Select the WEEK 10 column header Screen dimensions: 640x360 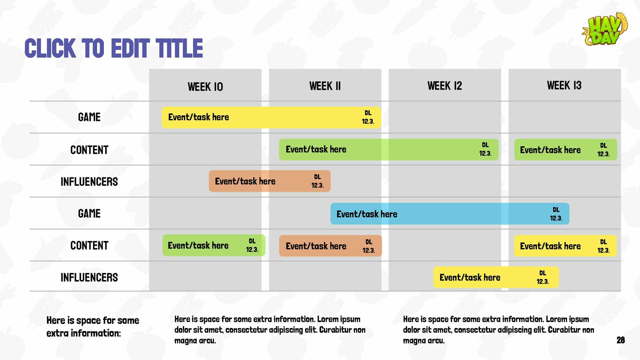(205, 87)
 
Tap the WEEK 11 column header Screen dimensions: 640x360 (325, 86)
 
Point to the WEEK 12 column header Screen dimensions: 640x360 (445, 86)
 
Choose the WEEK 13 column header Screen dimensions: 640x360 (564, 85)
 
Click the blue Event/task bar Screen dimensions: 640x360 (450, 214)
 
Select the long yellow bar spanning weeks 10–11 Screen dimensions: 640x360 (271, 117)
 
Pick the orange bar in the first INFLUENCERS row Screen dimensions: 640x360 (270, 181)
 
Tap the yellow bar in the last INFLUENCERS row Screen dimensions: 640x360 (496, 277)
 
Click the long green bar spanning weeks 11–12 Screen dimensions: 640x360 (389, 150)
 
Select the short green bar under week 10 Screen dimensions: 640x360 (214, 245)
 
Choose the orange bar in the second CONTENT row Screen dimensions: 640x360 (330, 246)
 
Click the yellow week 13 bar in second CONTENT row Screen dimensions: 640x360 (565, 246)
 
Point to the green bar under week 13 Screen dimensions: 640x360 (566, 150)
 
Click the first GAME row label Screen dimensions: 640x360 (89, 117)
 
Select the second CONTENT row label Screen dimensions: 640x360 (89, 246)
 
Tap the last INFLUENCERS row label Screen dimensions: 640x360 (89, 277)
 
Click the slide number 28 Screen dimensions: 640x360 (621, 340)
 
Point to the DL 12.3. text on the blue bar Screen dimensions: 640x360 (556, 214)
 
